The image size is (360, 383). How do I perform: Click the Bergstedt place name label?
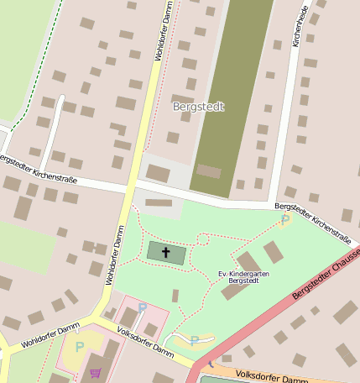coord(198,108)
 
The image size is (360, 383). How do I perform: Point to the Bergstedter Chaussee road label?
coord(326,278)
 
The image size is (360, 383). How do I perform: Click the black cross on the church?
coord(165,252)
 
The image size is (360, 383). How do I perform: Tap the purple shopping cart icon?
coord(95,374)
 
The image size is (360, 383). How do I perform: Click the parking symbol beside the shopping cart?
coord(80,347)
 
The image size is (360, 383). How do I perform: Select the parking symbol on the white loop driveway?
coord(194,340)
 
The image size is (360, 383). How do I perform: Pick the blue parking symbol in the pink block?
coord(142,308)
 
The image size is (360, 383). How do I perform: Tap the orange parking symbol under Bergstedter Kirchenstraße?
coord(284,220)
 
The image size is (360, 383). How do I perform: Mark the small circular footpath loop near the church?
coord(202,240)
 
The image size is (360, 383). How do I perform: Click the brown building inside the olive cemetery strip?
coord(209,171)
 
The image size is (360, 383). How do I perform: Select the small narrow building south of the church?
coord(175,296)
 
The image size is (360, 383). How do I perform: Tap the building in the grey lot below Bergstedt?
coord(158,173)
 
